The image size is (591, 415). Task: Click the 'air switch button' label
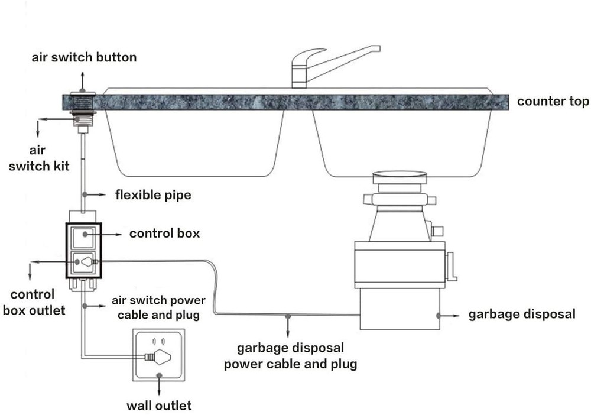(x=84, y=57)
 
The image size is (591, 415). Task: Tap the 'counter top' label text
(x=553, y=101)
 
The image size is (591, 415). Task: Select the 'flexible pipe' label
(x=153, y=194)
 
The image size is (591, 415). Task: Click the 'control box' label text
(x=164, y=234)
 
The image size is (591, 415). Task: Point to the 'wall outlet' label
(x=159, y=406)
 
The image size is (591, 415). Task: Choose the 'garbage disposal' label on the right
(x=521, y=314)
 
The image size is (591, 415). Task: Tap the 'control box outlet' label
(x=33, y=301)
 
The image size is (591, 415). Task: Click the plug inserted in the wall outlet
(x=158, y=356)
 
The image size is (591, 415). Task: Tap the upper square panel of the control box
(x=83, y=235)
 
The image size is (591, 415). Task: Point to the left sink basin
(x=195, y=142)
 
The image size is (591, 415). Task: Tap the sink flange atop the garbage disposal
(x=399, y=176)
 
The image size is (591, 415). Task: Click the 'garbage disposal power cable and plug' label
(x=290, y=356)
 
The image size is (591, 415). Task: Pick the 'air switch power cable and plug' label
(x=158, y=307)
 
